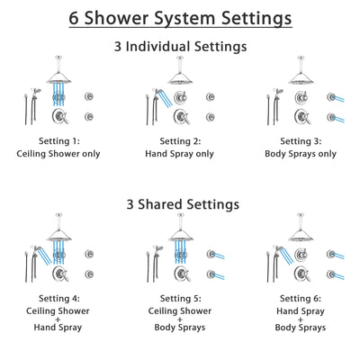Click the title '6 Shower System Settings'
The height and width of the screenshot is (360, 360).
pyautogui.click(x=180, y=17)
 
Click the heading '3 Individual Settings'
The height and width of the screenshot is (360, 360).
pyautogui.click(x=180, y=46)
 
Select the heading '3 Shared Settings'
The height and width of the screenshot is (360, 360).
pyautogui.click(x=180, y=203)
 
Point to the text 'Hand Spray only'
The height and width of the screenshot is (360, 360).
pyautogui.click(x=180, y=153)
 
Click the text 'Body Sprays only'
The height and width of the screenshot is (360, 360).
pyautogui.click(x=300, y=153)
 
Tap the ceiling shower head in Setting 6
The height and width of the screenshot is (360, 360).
pyautogui.click(x=301, y=237)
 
